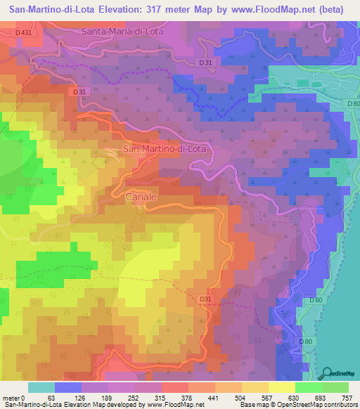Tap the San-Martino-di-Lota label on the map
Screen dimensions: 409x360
point(165,149)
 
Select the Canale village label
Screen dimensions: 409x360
point(141,197)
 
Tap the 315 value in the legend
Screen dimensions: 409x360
point(161,396)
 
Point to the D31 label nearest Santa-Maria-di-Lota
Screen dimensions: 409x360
point(205,63)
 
